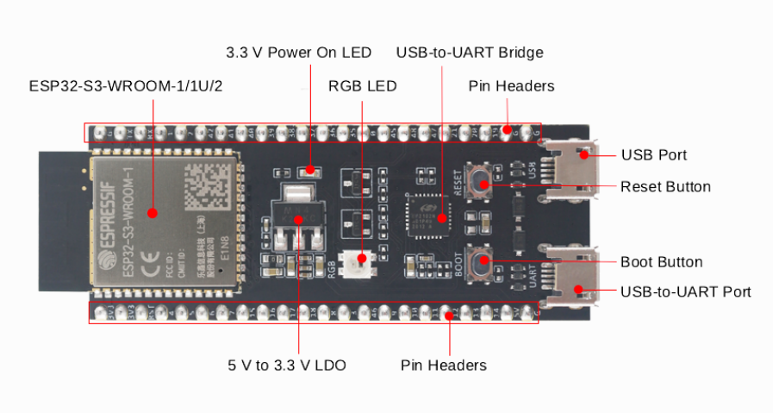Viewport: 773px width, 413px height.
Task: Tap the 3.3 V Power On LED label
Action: tap(298, 53)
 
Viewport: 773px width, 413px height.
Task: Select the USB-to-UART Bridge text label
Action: tap(470, 53)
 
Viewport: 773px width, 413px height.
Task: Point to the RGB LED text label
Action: tap(362, 86)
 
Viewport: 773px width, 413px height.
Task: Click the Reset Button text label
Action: tap(665, 186)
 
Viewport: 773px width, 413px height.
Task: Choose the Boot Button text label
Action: tap(661, 262)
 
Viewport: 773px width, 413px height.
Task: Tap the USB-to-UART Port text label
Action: tap(685, 291)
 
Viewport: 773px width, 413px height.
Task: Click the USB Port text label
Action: tap(653, 155)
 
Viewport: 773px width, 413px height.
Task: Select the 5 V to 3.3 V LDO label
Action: tap(287, 366)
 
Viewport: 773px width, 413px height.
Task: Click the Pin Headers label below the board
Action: tap(443, 366)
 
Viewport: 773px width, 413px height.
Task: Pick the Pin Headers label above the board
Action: tap(511, 86)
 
